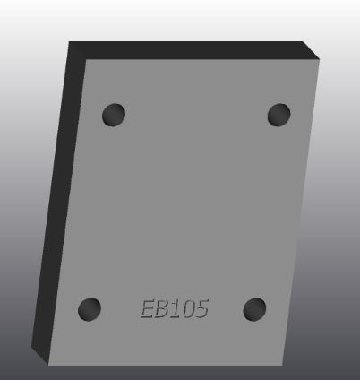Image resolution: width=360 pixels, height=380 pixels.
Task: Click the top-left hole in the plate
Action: click(x=114, y=115)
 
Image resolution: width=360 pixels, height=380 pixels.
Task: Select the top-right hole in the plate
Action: click(x=279, y=115)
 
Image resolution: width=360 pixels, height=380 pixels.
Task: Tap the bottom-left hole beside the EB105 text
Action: click(x=90, y=310)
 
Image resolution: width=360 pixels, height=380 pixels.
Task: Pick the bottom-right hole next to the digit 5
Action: click(x=255, y=310)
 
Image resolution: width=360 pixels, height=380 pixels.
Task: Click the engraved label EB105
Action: click(x=175, y=309)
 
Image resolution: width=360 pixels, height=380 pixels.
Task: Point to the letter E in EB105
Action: click(x=149, y=309)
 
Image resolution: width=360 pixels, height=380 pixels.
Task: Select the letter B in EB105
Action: click(x=164, y=309)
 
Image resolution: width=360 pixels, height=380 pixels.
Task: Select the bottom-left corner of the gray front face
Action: click(x=47, y=366)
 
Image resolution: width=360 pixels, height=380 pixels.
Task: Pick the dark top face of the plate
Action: click(x=193, y=51)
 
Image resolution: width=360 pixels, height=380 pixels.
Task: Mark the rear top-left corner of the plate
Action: click(x=69, y=41)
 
